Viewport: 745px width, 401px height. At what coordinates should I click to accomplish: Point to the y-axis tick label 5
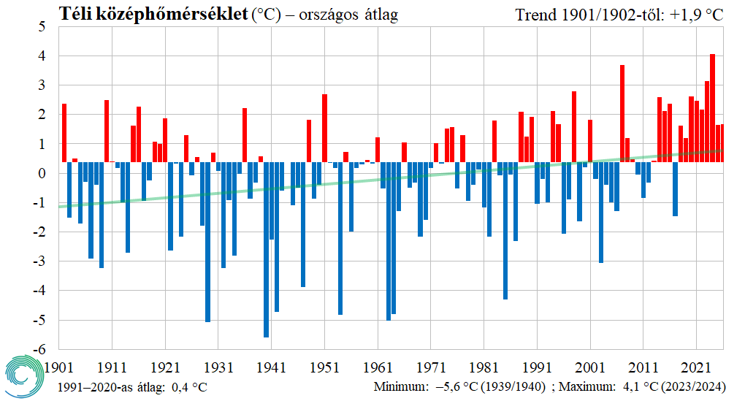coord(42,27)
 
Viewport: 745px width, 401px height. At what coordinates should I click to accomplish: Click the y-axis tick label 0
coord(42,174)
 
